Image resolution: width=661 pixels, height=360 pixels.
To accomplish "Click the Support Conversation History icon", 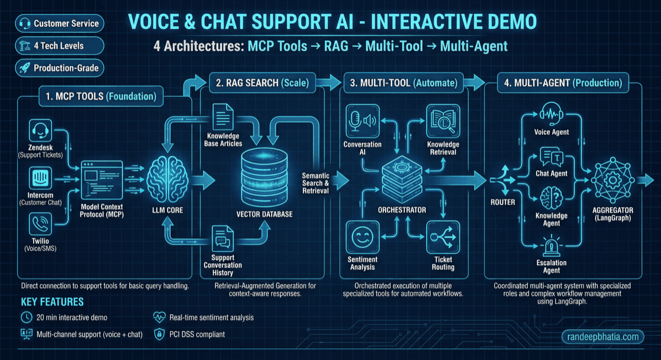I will click(x=223, y=239).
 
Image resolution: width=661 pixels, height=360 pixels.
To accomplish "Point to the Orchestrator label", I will click(x=402, y=209).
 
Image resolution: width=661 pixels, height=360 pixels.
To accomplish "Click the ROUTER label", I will click(x=502, y=202).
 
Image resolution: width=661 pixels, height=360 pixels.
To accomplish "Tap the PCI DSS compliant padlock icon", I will click(x=159, y=334).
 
